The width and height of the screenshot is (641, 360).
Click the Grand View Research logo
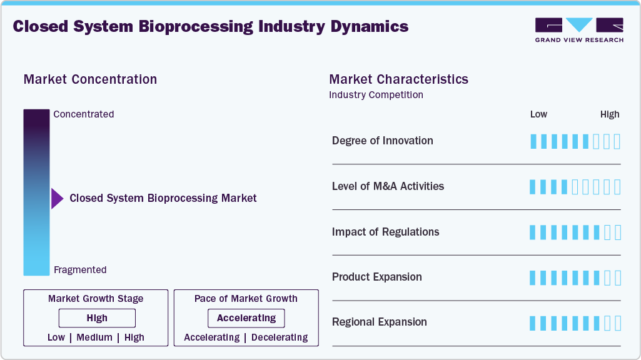(x=578, y=29)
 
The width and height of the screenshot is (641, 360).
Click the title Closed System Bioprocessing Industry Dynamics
(x=210, y=27)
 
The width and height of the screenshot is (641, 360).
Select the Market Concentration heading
(x=90, y=79)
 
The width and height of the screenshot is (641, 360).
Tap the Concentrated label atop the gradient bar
(x=84, y=114)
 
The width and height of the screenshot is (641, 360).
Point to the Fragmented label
(x=80, y=270)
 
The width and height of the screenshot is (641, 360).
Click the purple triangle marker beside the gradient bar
(x=57, y=199)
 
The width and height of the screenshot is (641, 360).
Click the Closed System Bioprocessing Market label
(x=163, y=198)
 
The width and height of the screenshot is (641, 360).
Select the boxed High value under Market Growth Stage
(x=97, y=318)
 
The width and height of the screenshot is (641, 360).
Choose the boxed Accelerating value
(x=246, y=318)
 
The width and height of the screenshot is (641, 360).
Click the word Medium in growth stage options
(x=94, y=337)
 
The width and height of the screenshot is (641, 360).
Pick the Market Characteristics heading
(x=398, y=79)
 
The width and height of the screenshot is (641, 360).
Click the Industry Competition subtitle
(x=376, y=95)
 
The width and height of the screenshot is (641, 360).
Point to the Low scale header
(x=538, y=114)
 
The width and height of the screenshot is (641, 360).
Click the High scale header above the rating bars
(x=609, y=114)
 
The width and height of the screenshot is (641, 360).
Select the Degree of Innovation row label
(x=382, y=141)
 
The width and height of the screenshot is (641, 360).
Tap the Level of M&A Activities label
(x=388, y=186)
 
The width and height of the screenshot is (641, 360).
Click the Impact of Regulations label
(x=385, y=232)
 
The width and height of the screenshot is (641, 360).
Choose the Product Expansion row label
(x=376, y=277)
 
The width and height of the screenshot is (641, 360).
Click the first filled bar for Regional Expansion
(x=533, y=323)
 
